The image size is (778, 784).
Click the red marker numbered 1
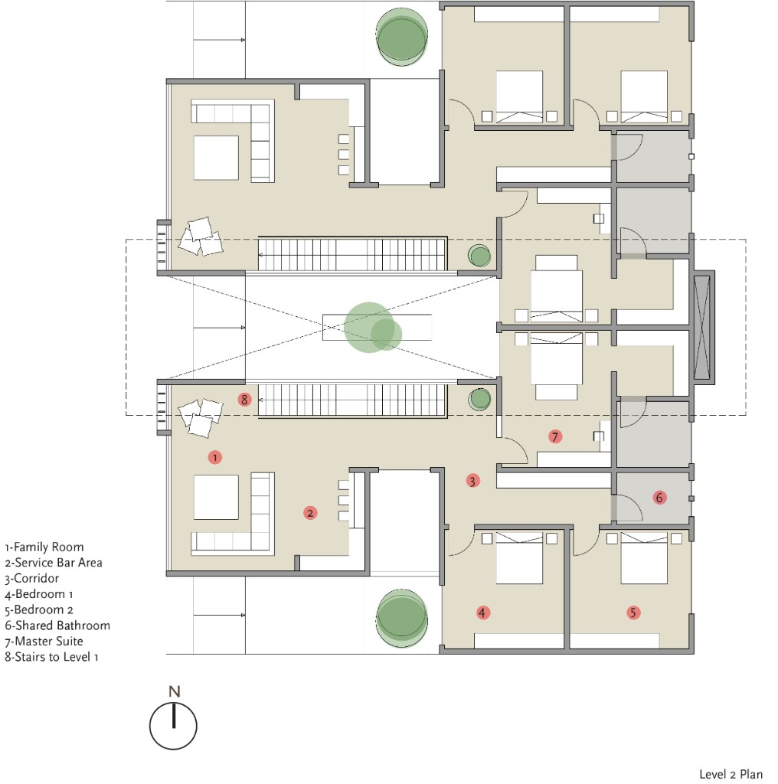(214, 457)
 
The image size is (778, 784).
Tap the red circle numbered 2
(310, 512)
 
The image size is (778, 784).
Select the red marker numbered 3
(472, 481)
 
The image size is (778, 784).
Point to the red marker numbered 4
(482, 612)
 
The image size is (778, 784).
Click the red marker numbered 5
(633, 612)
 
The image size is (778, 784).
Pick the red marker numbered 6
(659, 498)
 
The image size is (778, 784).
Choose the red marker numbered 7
(554, 436)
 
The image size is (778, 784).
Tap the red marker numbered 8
(244, 399)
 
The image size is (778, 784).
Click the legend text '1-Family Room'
(44, 547)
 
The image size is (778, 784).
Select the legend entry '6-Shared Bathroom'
(57, 626)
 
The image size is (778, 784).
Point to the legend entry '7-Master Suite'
(44, 641)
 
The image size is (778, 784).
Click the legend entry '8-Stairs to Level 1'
(51, 657)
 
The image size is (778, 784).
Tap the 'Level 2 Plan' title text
(731, 774)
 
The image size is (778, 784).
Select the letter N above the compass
(174, 691)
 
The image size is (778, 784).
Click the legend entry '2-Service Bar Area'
(54, 563)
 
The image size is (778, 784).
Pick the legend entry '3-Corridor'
(32, 579)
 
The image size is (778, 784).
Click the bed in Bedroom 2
(644, 558)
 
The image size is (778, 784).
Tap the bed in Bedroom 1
(519, 558)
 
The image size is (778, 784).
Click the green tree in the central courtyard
(372, 328)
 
